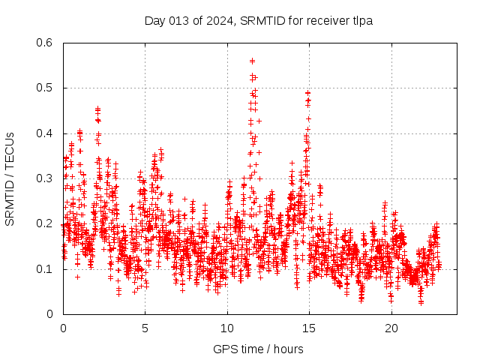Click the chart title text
[x=258, y=21]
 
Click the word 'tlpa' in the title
[x=361, y=21]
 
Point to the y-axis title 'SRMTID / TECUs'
[x=10, y=178]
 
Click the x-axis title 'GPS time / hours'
[x=258, y=349]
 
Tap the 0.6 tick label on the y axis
[x=46, y=43]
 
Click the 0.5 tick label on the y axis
[x=46, y=88]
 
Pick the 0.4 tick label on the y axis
[x=46, y=133]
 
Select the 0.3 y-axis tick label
[x=46, y=178]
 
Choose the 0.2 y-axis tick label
[x=46, y=223]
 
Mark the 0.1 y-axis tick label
[x=46, y=268]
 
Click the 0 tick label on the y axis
[x=52, y=314]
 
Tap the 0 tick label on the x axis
[x=63, y=328]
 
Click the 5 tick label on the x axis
[x=145, y=328]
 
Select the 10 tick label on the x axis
[x=227, y=328]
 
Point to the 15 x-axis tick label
[x=309, y=328]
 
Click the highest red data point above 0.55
[x=252, y=61]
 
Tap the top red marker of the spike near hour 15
[x=307, y=93]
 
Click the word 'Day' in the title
[x=154, y=21]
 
